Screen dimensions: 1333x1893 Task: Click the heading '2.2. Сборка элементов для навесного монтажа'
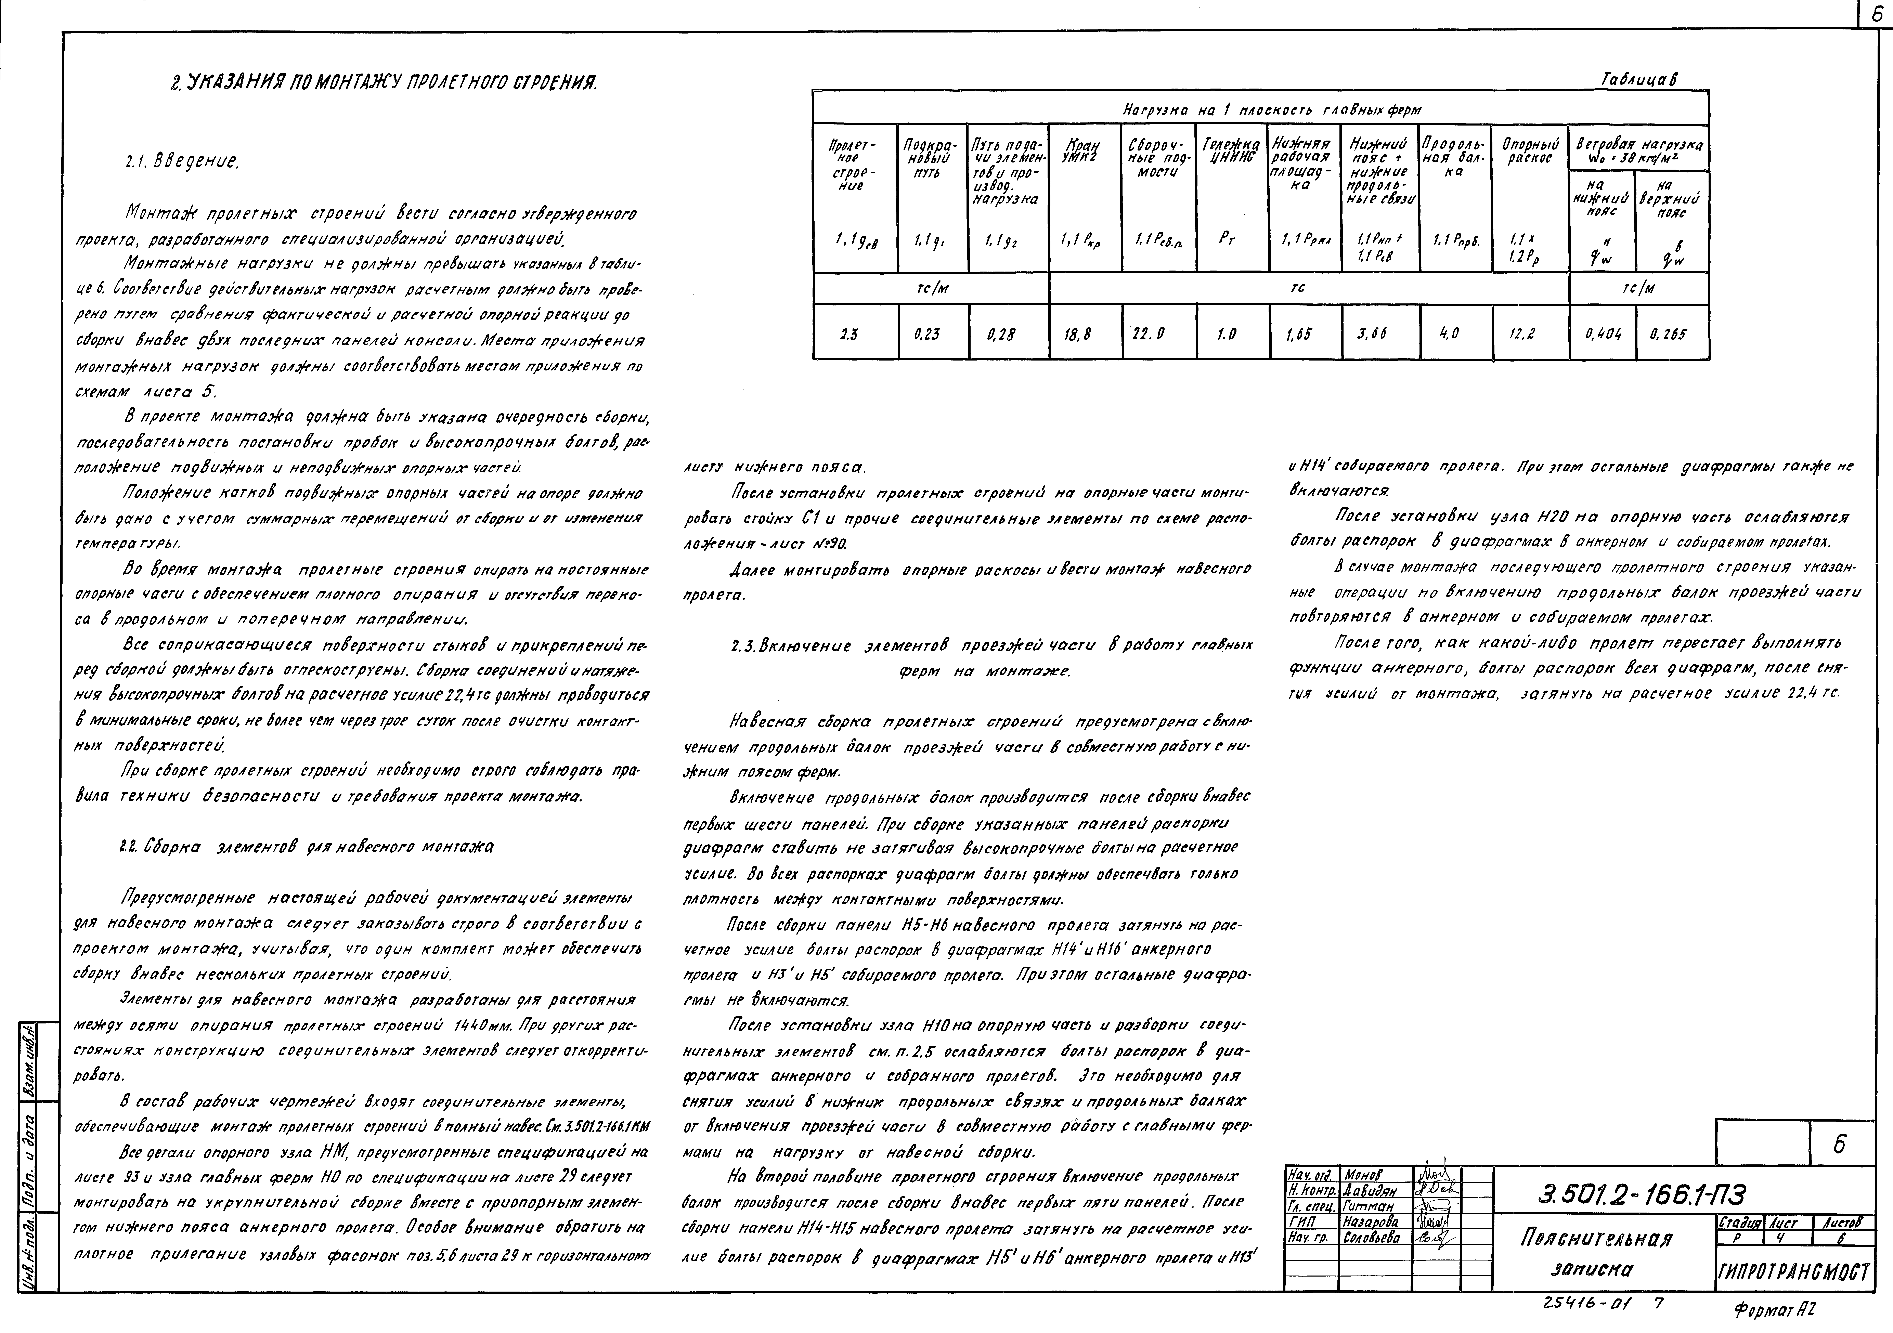click(x=305, y=847)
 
